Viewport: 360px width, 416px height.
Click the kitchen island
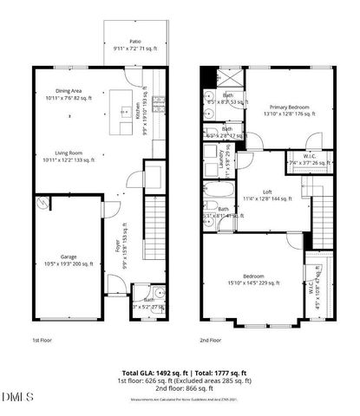tap(122, 122)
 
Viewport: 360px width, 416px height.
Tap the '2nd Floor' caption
tap(211, 341)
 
